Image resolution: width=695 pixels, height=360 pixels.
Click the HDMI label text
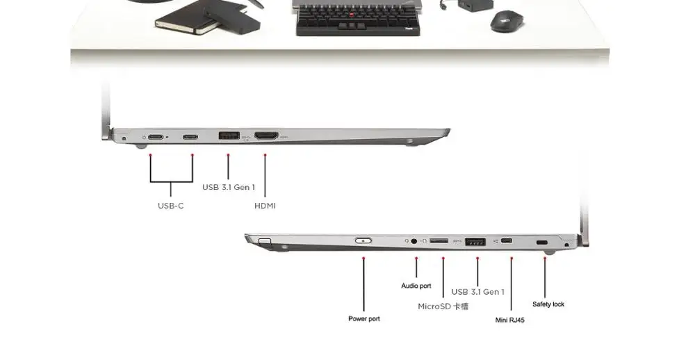click(x=265, y=206)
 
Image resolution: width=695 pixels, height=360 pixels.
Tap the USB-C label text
click(x=171, y=206)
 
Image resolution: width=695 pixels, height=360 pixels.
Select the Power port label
click(x=364, y=319)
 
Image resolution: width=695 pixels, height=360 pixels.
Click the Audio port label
click(x=416, y=286)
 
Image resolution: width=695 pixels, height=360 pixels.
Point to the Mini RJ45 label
click(x=509, y=320)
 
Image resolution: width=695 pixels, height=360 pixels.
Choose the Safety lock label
click(x=548, y=304)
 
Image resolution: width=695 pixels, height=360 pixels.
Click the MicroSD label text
click(x=443, y=306)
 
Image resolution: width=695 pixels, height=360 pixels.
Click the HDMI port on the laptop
click(x=266, y=136)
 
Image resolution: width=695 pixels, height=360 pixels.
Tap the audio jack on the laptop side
click(x=414, y=241)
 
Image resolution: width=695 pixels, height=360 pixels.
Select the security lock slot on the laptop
click(x=542, y=243)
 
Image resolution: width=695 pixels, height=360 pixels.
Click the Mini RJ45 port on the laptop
click(x=507, y=241)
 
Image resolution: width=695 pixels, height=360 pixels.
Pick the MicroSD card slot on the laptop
click(x=439, y=240)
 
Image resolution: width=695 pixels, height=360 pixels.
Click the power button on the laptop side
click(x=363, y=240)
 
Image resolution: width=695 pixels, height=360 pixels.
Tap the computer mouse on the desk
click(x=506, y=21)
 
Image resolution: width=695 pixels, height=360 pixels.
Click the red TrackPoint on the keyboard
click(x=352, y=15)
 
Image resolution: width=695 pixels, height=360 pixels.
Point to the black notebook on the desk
click(x=187, y=19)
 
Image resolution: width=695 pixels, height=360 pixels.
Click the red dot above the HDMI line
click(x=265, y=155)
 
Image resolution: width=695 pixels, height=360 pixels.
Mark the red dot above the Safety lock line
click(x=545, y=258)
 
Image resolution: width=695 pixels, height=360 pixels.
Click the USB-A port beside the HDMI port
click(x=229, y=136)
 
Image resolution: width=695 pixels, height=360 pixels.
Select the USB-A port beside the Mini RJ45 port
click(x=475, y=242)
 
